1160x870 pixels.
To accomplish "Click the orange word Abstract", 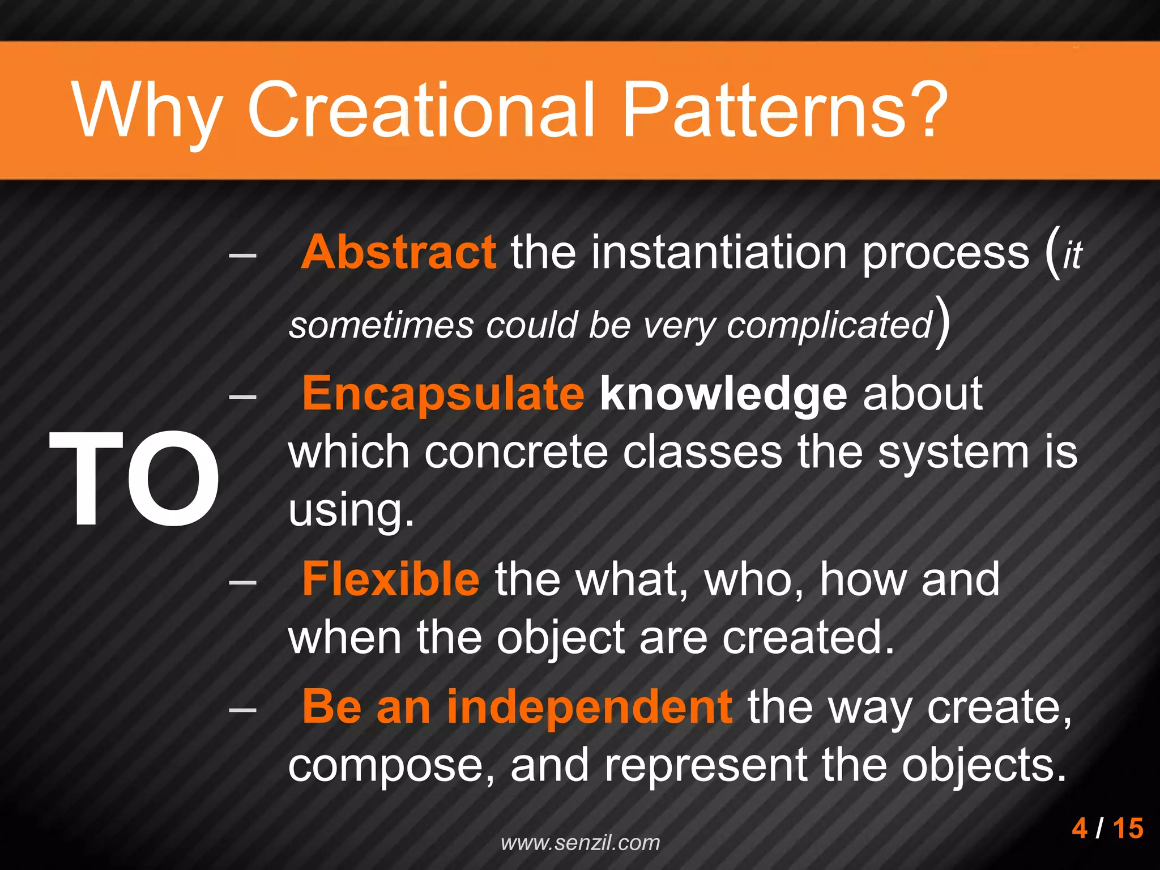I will [x=399, y=252].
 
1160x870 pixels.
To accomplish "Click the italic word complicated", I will [x=829, y=326].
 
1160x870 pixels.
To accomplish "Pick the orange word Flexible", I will [x=391, y=579].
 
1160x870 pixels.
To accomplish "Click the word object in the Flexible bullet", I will [x=560, y=638].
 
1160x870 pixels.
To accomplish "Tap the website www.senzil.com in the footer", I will [x=581, y=843].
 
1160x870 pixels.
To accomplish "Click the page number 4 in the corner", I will [x=1080, y=828].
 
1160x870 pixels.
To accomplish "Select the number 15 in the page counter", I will [x=1128, y=828].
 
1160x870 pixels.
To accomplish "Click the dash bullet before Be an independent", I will [x=242, y=709].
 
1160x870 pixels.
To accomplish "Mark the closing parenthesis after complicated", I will [x=942, y=323].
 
